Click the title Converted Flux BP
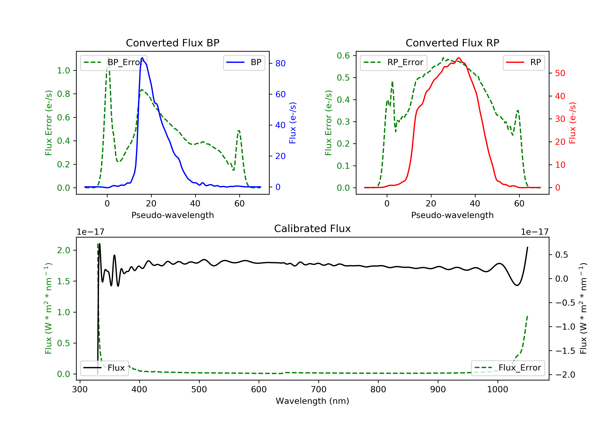172,43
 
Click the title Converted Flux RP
452,43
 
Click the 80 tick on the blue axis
280,63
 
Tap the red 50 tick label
560,73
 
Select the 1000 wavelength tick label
497,390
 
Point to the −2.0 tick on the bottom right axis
565,375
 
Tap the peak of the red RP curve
459,58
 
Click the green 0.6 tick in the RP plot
343,56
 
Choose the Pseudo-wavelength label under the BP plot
172,215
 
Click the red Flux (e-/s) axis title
572,123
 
